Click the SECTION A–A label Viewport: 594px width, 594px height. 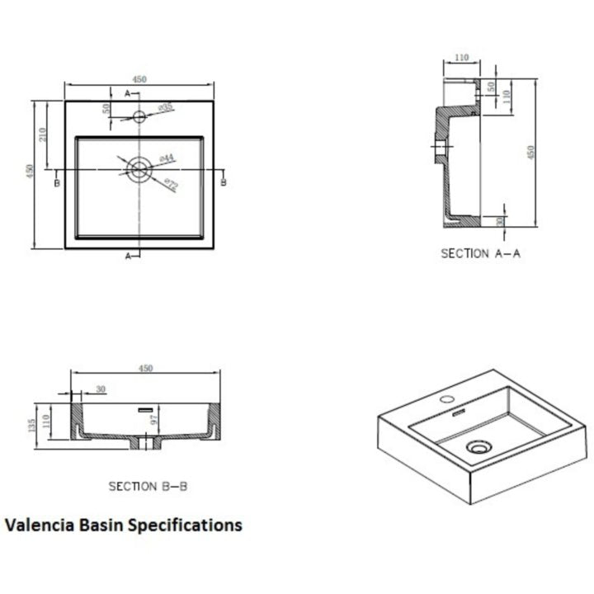pos(480,253)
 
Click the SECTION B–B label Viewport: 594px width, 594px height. pos(148,486)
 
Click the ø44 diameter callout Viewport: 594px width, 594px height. pos(166,158)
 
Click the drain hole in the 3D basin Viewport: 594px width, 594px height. pos(477,448)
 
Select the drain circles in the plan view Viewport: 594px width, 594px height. pos(139,170)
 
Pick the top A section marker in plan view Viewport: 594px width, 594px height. pos(128,93)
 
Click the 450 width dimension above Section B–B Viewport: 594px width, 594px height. pos(146,369)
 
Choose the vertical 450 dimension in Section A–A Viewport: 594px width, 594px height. pos(531,152)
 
